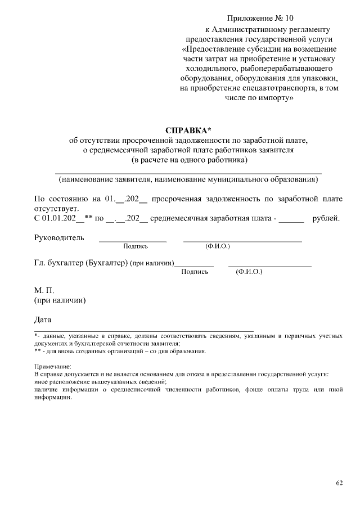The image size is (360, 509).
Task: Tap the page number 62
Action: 339,483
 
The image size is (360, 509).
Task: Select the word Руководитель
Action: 60,237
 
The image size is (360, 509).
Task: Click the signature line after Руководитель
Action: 133,241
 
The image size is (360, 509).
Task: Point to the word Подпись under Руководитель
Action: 135,246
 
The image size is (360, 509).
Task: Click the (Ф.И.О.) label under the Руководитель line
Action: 218,246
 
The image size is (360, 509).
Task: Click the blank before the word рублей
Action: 291,219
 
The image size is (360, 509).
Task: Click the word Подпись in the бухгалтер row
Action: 195,272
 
